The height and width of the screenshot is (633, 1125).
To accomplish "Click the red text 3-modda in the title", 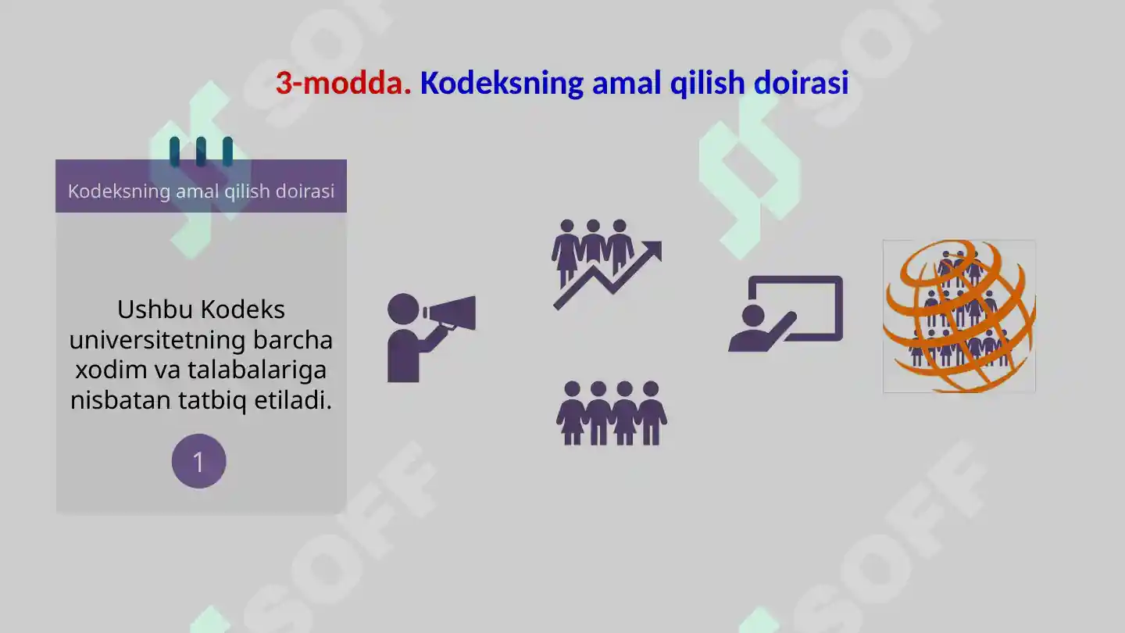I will pos(343,84).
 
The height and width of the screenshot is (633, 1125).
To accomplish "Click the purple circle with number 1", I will pos(198,461).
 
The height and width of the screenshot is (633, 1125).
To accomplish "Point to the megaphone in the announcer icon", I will pos(452,313).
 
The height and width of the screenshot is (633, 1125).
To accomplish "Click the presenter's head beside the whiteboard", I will pos(753,316).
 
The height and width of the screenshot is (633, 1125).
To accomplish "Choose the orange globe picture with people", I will pos(959,316).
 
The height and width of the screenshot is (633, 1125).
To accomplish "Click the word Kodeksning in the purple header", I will pos(118,191).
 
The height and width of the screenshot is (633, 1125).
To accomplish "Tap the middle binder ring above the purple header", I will pos(201,152).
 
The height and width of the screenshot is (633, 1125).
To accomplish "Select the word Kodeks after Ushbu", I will pos(242,309).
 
